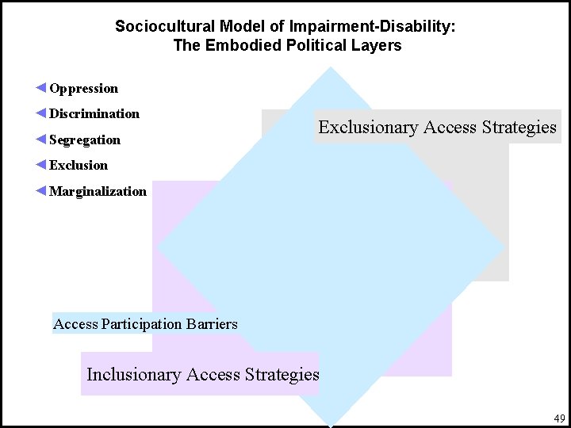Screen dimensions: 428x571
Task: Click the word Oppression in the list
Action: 83,89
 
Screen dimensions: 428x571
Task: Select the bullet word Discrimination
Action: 94,114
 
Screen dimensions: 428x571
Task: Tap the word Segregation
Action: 85,140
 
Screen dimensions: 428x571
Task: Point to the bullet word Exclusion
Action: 78,166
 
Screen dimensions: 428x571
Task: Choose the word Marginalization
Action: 98,191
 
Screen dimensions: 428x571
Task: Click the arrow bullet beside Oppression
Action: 41,88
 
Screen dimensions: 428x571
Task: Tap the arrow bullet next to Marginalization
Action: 41,190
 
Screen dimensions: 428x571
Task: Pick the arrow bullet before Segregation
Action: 41,139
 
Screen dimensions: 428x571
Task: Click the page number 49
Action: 559,418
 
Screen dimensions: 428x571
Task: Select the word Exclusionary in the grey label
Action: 368,128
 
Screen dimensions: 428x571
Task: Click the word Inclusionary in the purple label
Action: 133,375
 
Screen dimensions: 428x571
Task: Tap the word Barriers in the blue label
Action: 212,323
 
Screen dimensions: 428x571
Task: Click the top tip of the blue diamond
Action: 330,69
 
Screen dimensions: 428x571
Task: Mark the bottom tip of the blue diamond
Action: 330,424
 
